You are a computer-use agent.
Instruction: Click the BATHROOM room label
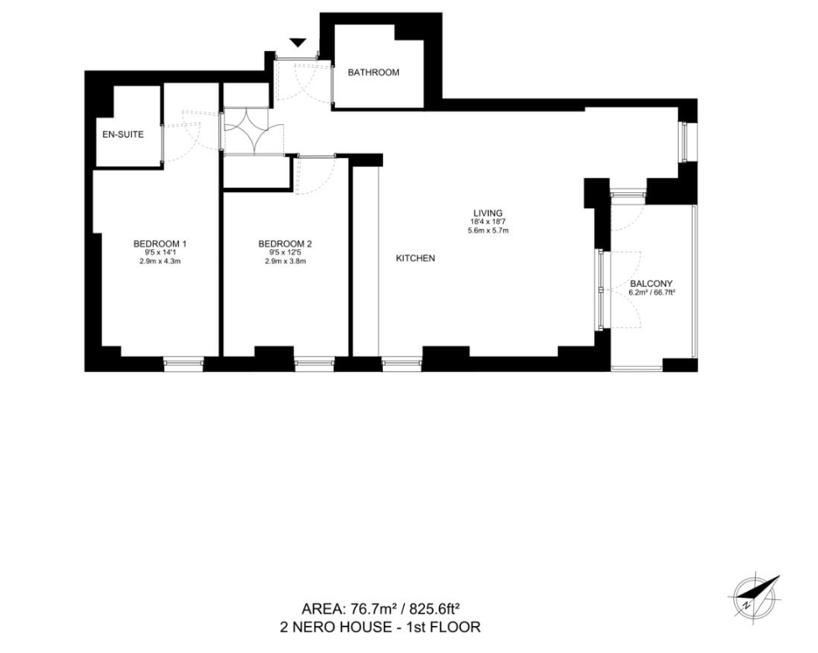[x=374, y=73]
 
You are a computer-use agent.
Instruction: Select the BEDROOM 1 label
[x=160, y=244]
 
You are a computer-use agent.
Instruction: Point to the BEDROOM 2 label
[x=286, y=244]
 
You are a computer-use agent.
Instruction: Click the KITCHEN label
[x=416, y=259]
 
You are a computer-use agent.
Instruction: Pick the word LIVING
[x=488, y=212]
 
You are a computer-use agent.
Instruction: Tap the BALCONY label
[x=652, y=284]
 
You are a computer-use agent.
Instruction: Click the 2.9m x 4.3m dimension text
[x=160, y=262]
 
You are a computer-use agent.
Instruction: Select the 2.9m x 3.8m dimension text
[x=286, y=262]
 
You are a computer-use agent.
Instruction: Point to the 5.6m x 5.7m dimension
[x=488, y=230]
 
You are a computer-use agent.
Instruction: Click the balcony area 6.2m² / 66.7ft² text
[x=652, y=294]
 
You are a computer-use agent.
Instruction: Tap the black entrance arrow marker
[x=297, y=43]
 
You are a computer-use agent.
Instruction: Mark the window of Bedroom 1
[x=183, y=364]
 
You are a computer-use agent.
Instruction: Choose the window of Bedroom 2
[x=313, y=364]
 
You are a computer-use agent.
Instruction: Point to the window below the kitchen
[x=401, y=364]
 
